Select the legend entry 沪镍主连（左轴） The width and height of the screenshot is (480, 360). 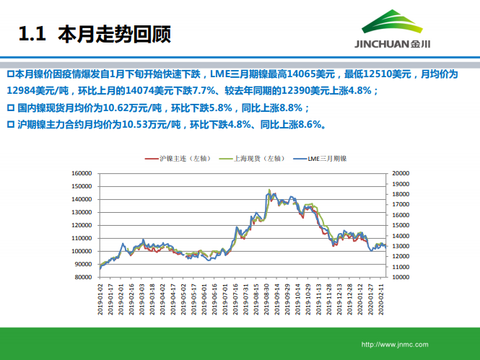(180, 157)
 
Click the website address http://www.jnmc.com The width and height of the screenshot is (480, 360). (395, 344)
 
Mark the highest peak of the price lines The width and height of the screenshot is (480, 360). (269, 190)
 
